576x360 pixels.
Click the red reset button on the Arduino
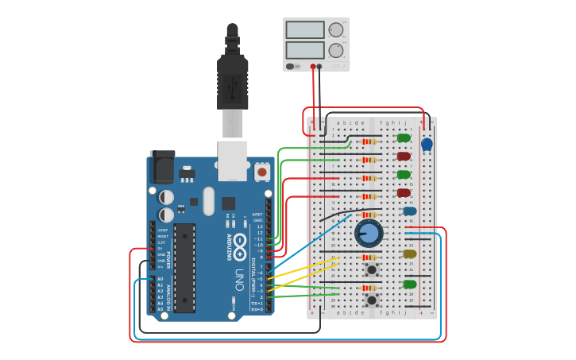pyautogui.click(x=262, y=172)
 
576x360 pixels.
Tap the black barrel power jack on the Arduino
pyautogui.click(x=162, y=168)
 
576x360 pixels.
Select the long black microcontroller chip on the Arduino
pyautogui.click(x=184, y=267)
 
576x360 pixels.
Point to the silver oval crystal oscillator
pyautogui.click(x=208, y=200)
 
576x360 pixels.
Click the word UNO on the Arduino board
pyautogui.click(x=239, y=279)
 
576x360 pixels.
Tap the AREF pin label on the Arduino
pyautogui.click(x=257, y=214)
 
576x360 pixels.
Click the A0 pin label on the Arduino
pyautogui.click(x=160, y=279)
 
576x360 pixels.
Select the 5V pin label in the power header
pyautogui.click(x=161, y=248)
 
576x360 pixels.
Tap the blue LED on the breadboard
pyautogui.click(x=409, y=211)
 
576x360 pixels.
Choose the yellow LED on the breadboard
pyautogui.click(x=409, y=254)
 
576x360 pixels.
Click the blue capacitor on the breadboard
pyautogui.click(x=427, y=144)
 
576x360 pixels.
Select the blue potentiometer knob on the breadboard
pyautogui.click(x=368, y=233)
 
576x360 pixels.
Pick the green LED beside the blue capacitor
pyautogui.click(x=404, y=138)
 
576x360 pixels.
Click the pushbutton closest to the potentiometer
pyautogui.click(x=371, y=270)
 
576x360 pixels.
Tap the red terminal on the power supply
pyautogui.click(x=313, y=67)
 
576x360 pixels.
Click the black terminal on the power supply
pyautogui.click(x=320, y=67)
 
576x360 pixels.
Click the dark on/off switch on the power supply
pyautogui.click(x=291, y=67)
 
